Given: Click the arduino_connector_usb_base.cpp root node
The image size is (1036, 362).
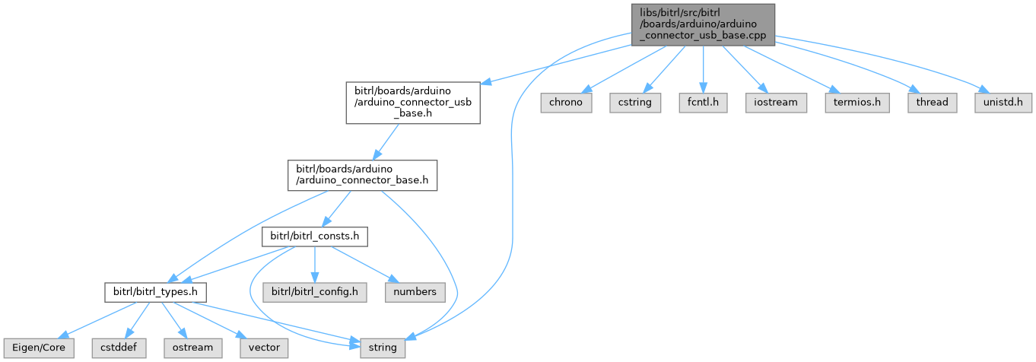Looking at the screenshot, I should tap(702, 24).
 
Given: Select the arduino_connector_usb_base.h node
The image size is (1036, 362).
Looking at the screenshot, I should tap(412, 103).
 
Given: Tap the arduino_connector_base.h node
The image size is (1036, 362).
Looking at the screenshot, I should tap(361, 175).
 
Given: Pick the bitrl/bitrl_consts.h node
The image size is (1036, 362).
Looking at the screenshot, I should tap(315, 237).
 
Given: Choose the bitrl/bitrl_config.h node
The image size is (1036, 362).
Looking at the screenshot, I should tap(315, 291).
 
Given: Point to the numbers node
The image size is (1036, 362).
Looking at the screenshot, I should tap(415, 291).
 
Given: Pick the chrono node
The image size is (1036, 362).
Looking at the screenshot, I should tap(567, 102).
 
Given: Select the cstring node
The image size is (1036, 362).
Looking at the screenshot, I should tap(634, 102).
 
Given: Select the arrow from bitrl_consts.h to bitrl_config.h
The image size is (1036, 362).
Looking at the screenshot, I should tap(315, 264).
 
